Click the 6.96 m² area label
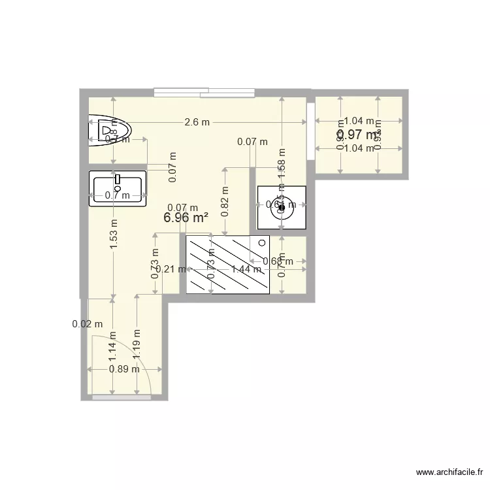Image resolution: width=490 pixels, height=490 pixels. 186,218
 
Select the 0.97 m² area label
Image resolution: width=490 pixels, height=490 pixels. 358,135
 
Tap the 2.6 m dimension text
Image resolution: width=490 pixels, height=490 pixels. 197,122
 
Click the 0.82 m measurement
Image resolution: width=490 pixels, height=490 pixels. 225,201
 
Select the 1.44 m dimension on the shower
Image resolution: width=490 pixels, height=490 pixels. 246,269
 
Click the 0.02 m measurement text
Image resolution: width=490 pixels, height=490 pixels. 87,323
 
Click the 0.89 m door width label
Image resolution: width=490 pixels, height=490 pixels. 124,368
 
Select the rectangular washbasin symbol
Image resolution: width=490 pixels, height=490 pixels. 118,188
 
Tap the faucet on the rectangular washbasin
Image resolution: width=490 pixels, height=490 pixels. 118,178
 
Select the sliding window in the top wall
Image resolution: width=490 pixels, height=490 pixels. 204,92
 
